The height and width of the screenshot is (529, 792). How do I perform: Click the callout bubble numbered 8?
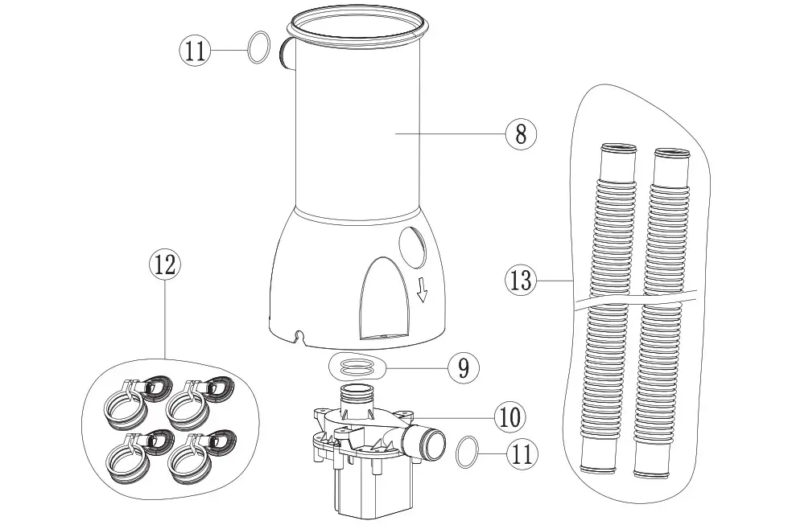click(x=521, y=133)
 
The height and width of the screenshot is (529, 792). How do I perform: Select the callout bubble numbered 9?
click(x=462, y=368)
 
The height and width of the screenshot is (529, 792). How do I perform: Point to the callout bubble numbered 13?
click(x=521, y=281)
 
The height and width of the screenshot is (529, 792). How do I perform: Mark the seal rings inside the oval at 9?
click(x=356, y=367)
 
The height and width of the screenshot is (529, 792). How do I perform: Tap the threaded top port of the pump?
click(x=355, y=396)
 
